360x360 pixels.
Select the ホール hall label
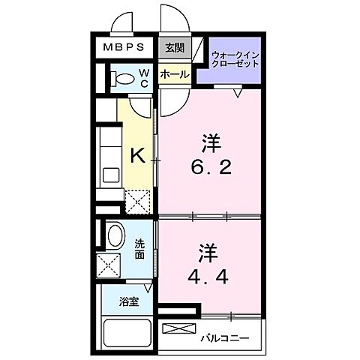click(x=175, y=76)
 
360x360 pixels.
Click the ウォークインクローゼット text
click(x=235, y=58)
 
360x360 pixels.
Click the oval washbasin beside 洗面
click(x=115, y=235)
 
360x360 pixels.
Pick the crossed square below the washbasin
click(x=109, y=265)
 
